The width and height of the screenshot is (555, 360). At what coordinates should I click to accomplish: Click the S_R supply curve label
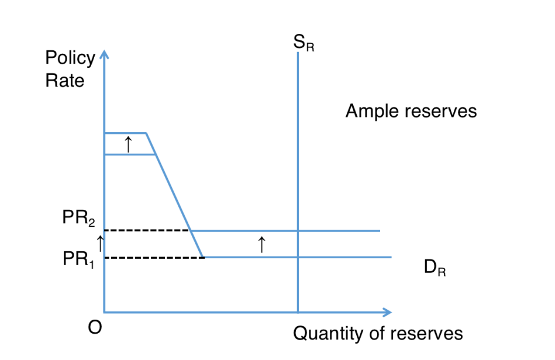(304, 44)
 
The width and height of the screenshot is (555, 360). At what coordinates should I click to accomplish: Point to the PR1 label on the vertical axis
(78, 259)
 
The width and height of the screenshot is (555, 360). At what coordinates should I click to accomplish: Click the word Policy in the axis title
(70, 58)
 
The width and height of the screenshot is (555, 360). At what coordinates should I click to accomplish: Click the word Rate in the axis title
(64, 80)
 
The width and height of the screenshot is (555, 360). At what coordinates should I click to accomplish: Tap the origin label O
(94, 328)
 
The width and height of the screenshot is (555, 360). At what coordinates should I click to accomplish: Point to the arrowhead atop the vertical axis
(104, 55)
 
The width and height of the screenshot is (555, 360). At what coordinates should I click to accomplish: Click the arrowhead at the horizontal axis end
(386, 312)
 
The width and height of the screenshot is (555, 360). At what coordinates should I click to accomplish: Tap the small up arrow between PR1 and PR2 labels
(100, 240)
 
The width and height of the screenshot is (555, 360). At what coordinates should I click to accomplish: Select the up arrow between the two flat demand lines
(261, 244)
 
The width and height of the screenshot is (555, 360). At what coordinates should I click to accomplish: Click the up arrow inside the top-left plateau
(128, 144)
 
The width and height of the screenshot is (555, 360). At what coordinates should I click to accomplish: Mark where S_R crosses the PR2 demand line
(298, 231)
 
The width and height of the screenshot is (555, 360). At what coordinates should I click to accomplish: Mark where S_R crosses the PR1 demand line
(298, 257)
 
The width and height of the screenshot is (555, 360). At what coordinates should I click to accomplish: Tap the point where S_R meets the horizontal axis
(298, 312)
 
